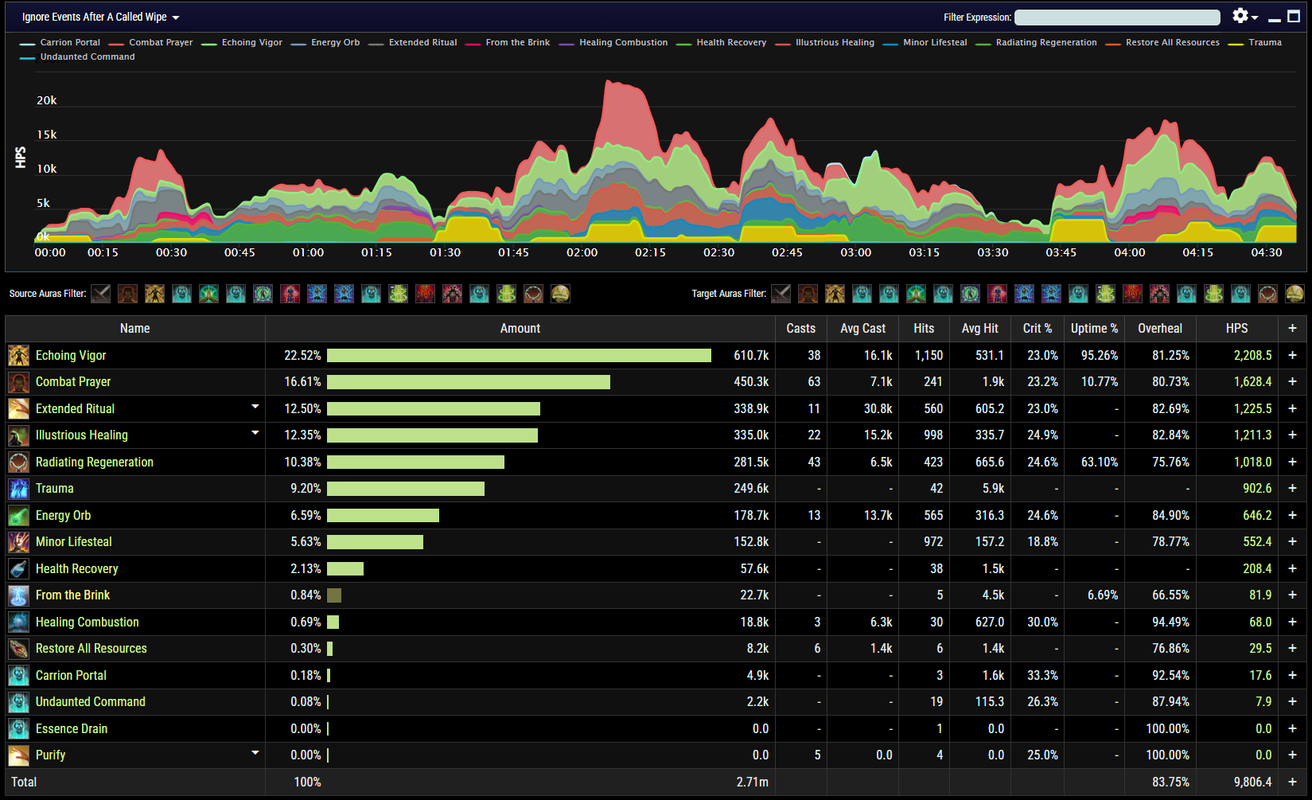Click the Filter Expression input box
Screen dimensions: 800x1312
point(1116,18)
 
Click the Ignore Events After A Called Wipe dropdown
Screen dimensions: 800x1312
point(100,18)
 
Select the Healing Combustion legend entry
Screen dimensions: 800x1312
point(623,43)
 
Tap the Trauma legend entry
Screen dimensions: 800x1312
point(1264,43)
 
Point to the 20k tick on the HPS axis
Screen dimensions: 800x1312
point(47,101)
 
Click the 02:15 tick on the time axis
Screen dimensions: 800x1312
point(650,252)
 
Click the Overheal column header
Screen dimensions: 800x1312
point(1159,329)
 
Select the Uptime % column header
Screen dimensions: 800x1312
point(1094,329)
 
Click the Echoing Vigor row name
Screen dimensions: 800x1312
point(71,356)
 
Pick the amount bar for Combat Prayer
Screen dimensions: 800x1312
point(468,382)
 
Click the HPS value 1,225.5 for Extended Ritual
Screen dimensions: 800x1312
point(1252,409)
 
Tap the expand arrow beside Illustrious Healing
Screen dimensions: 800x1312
point(255,433)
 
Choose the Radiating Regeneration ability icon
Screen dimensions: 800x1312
point(18,462)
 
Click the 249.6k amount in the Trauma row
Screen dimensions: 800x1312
point(750,489)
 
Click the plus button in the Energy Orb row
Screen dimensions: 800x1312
point(1292,516)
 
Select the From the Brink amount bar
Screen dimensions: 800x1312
point(334,595)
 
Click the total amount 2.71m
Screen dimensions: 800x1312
point(752,782)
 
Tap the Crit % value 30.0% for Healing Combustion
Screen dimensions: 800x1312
point(1041,622)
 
